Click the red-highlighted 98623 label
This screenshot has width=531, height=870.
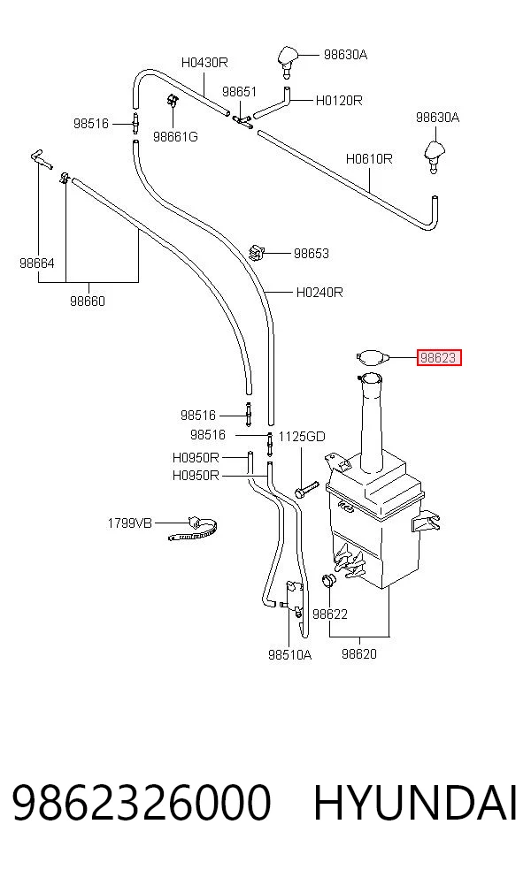[439, 358]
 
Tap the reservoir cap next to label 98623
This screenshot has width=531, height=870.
[371, 357]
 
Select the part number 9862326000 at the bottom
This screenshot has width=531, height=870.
[142, 802]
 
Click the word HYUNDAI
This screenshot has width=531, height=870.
[415, 802]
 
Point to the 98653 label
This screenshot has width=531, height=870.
[311, 254]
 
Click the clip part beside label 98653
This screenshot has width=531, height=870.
[256, 252]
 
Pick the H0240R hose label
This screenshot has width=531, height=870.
[319, 292]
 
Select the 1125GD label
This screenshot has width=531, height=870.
[302, 437]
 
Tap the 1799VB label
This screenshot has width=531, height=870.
[129, 523]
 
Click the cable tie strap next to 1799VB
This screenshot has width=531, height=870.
[193, 529]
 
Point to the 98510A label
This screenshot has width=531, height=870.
[290, 655]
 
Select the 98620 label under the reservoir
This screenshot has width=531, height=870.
[358, 653]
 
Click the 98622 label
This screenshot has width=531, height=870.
[330, 614]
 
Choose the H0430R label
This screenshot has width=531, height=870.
[204, 62]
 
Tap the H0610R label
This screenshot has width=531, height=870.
[369, 158]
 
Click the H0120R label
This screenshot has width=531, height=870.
[339, 101]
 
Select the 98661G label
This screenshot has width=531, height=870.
[175, 136]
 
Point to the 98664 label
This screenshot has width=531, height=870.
[36, 263]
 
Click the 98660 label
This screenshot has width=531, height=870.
[88, 301]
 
